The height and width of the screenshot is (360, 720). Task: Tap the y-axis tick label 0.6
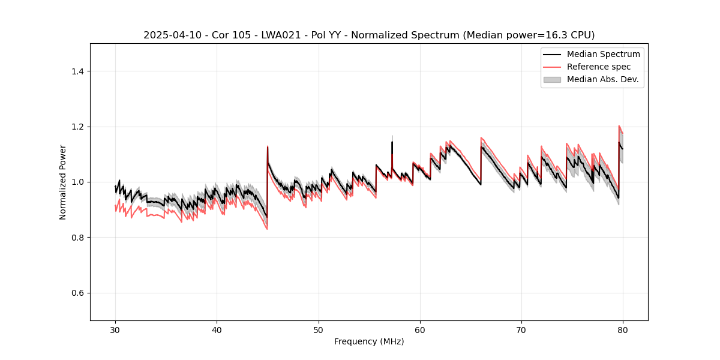77,293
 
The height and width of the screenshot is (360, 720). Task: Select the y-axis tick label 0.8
77,238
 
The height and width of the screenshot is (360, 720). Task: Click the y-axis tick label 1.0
77,182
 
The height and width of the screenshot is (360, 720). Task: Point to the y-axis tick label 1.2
77,127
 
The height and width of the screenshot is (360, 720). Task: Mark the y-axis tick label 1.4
77,71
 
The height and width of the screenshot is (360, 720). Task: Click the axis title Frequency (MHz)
369,341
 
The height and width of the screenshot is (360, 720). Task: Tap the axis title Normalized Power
63,182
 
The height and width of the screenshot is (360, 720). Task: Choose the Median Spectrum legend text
603,54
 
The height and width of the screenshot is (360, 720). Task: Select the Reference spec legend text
599,67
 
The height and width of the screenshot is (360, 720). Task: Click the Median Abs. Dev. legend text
602,79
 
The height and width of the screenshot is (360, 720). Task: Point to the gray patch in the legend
552,79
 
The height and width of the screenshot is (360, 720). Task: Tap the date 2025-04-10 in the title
172,35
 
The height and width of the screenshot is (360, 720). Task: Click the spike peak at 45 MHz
268,146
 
